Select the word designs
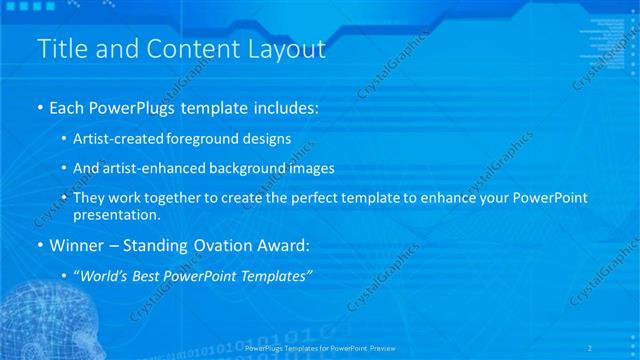click(269, 139)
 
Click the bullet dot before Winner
click(39, 245)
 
